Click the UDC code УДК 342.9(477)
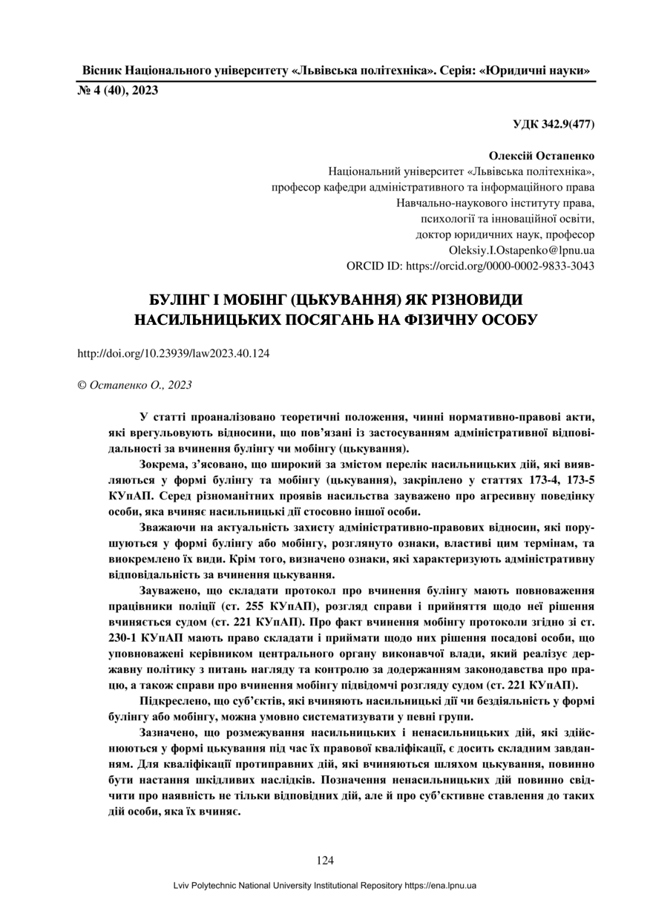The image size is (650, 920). [553, 122]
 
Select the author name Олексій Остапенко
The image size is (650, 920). [542, 157]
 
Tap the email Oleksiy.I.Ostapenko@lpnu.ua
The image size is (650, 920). [522, 251]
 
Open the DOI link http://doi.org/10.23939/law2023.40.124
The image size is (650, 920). [174, 353]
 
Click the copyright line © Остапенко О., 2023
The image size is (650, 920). [135, 384]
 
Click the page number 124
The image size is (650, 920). [325, 861]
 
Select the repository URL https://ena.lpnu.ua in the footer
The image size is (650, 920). [440, 886]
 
